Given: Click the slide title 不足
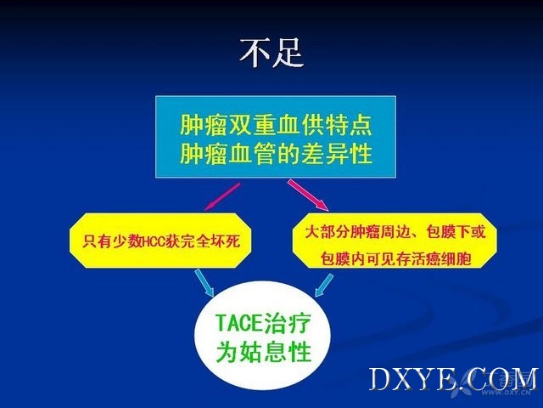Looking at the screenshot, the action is click(x=271, y=53).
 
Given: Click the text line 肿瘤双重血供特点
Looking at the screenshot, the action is click(x=276, y=125).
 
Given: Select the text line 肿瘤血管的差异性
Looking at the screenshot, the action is click(x=276, y=153).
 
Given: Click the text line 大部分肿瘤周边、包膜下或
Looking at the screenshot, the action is click(x=395, y=232).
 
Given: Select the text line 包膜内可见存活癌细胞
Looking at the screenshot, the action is click(x=395, y=258).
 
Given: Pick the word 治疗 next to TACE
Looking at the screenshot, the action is click(x=287, y=323).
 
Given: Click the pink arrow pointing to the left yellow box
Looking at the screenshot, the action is click(x=222, y=196).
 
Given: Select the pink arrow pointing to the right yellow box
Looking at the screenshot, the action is click(x=308, y=195).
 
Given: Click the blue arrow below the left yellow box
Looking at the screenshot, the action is click(x=204, y=283).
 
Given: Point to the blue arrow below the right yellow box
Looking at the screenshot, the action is click(x=324, y=286).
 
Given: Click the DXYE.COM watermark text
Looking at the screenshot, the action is click(x=453, y=380).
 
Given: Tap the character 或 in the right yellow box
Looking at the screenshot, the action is click(x=478, y=232).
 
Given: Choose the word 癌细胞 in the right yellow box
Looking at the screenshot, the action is click(x=449, y=258).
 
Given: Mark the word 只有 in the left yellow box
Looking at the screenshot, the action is click(x=97, y=241).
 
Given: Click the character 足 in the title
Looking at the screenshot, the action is click(x=288, y=53).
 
